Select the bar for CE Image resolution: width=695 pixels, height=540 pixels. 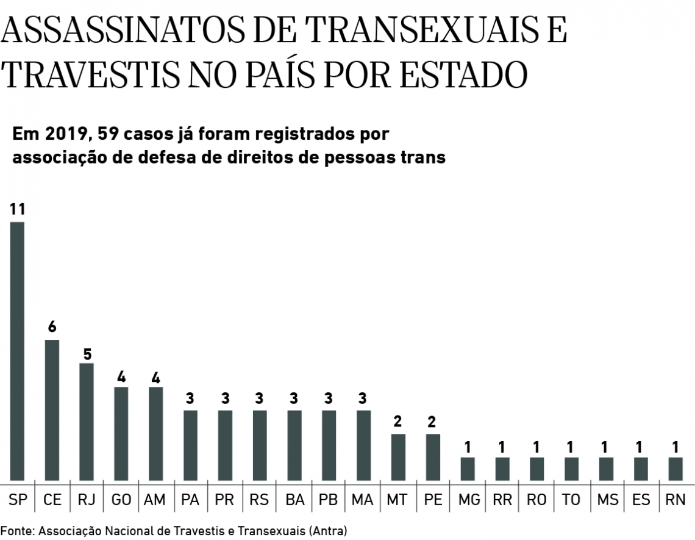pos(52,410)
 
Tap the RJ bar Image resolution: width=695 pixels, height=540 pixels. pos(87,422)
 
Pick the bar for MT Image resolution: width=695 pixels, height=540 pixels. pos(397,457)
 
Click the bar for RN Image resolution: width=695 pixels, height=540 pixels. pos(675,469)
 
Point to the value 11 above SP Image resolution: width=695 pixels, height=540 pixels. pos(18,210)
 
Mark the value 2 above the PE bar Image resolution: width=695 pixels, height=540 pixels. pos(433,422)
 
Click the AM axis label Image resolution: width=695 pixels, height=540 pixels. pos(155,499)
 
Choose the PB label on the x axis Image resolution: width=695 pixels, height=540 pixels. pos(329,499)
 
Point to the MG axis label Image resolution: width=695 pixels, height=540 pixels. pos(468,499)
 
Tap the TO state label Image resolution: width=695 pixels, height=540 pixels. pos(571,499)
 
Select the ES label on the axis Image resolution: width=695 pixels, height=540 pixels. pos(641,499)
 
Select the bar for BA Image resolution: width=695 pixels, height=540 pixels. pos(294,445)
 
